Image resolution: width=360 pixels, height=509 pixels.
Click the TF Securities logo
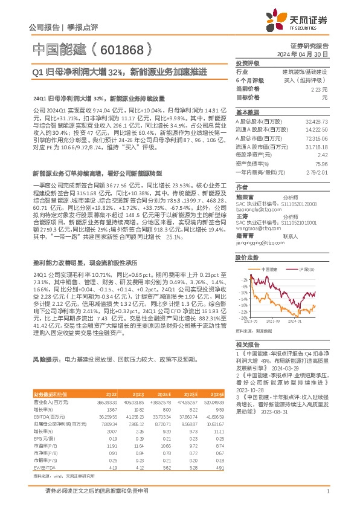pos(301,20)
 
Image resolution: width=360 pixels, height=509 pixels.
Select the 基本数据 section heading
pos(247,112)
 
